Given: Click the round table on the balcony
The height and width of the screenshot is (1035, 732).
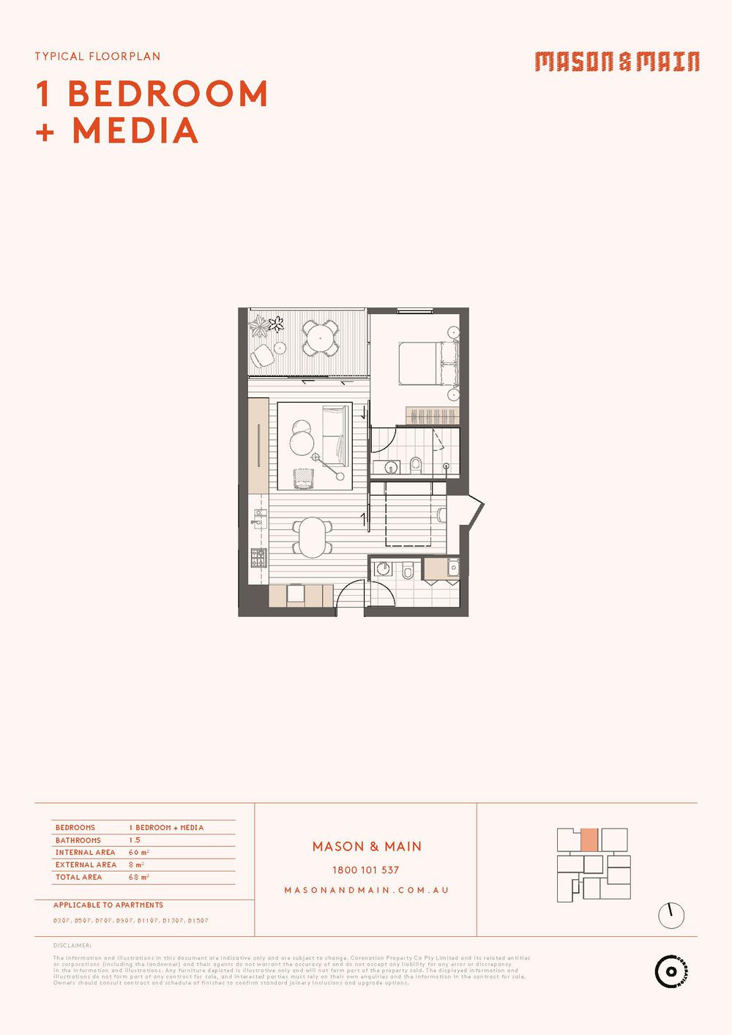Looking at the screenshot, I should [320, 338].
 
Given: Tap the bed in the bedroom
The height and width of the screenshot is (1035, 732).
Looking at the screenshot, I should [428, 364].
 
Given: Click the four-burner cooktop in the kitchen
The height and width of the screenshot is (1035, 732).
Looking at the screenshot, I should [259, 558].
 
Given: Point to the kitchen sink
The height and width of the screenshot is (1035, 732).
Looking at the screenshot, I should [258, 519].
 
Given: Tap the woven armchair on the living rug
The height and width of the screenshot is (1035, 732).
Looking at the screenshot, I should [303, 479].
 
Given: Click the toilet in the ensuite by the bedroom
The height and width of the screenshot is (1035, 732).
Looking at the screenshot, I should [416, 465].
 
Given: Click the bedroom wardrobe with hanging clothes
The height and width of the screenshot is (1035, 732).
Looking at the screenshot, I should [432, 416].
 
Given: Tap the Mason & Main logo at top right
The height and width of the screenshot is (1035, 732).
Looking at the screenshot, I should [616, 61].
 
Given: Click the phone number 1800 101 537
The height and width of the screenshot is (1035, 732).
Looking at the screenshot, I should [365, 870].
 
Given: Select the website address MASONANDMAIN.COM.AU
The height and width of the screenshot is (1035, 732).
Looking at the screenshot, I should [366, 890].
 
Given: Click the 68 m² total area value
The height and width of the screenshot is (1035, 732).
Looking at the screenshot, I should [138, 877].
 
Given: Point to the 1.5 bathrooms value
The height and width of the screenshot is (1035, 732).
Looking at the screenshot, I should [135, 840].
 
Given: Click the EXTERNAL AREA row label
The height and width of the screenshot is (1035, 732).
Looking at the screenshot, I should [86, 864].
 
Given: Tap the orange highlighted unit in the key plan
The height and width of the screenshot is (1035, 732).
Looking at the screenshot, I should [589, 840].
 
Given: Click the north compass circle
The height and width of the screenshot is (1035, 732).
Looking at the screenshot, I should [671, 915].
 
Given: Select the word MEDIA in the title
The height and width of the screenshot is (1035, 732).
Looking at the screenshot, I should [135, 131].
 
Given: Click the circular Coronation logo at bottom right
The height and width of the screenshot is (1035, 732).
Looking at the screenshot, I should [671, 971].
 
